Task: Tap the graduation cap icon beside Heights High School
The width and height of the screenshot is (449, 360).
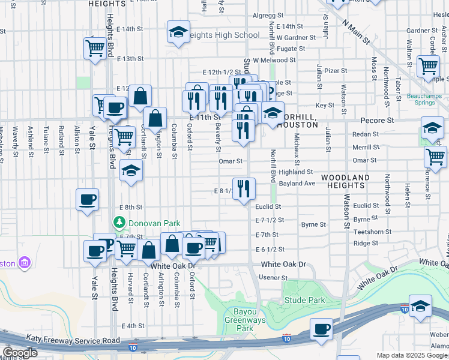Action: click(x=178, y=33)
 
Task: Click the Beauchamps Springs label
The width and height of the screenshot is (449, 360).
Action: click(x=428, y=99)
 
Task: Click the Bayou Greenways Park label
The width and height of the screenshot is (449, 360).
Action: click(x=245, y=324)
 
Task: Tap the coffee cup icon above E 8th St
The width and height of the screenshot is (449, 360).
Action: click(x=88, y=199)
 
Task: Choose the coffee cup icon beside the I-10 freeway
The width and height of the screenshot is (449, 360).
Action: click(x=322, y=328)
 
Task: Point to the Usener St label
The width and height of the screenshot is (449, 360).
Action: click(x=273, y=278)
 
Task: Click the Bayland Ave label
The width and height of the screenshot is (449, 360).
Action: click(x=297, y=183)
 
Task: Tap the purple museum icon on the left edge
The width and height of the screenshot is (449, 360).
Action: click(x=24, y=262)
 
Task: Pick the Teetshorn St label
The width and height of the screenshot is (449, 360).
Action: click(x=372, y=232)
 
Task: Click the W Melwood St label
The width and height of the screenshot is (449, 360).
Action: click(x=274, y=60)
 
